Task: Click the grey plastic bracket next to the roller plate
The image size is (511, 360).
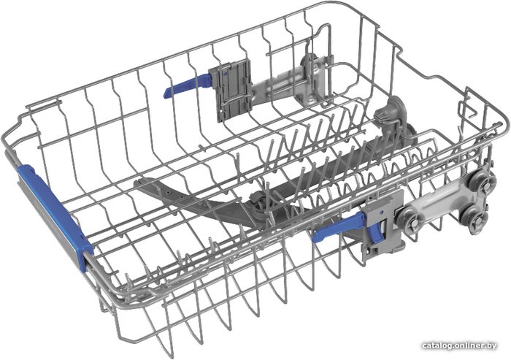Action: pos(384,225)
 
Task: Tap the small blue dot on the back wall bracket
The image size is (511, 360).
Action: pos(225,74)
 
